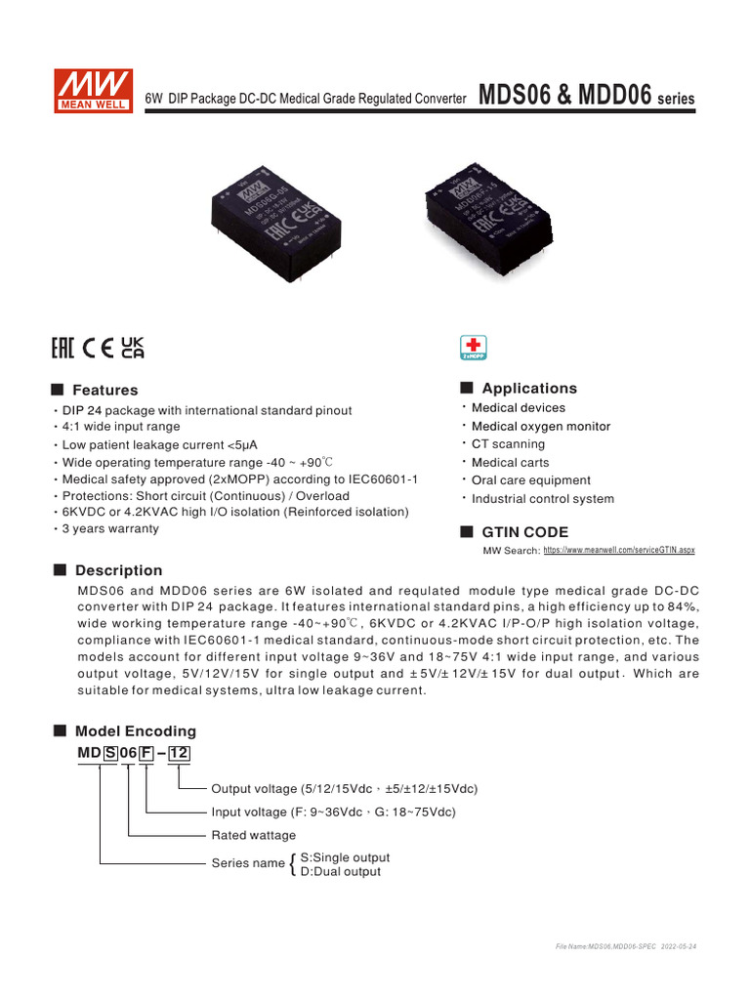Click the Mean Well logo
pos(94,89)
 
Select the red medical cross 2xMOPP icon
pos(473,349)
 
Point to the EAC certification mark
pos(64,348)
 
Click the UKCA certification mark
pos(132,348)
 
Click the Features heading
pos(105,390)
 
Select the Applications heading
pos(529,388)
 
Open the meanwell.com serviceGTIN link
pos(618,551)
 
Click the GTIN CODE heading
pos(524,532)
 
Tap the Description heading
pos(118,570)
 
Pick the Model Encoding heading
pos(135,730)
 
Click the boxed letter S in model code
pos(110,753)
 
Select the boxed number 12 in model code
pos(179,753)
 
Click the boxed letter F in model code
pos(146,753)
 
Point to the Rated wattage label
pos(253,835)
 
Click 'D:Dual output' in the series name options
pos(340,871)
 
